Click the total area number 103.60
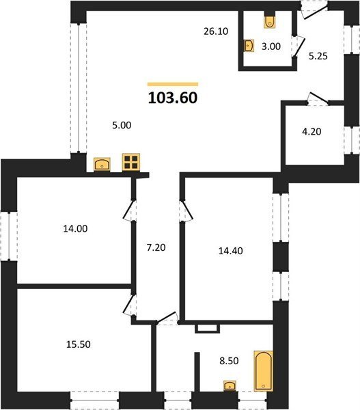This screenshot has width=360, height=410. coord(173,98)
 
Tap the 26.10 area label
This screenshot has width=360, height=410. coord(216,31)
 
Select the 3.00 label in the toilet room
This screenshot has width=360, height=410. coord(271,46)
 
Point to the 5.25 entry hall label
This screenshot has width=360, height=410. coord(318,56)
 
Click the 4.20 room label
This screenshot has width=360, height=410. coord(311,131)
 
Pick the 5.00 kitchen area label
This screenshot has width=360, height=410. coord(122,125)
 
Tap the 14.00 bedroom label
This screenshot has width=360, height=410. coord(75,229)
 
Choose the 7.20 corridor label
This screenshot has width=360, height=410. coord(156,247)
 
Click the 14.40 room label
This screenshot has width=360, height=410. coord(231,251)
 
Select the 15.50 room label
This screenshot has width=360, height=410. coord(79,344)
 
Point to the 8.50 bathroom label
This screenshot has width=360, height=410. coord(229,361)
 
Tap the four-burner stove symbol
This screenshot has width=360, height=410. coord(131,163)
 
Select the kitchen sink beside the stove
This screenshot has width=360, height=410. coord(102,165)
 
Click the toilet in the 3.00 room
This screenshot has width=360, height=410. coord(269,22)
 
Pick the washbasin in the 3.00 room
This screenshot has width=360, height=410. coord(249,46)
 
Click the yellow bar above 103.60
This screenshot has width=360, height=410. coord(173,84)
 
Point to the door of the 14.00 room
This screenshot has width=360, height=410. coord(129,210)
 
